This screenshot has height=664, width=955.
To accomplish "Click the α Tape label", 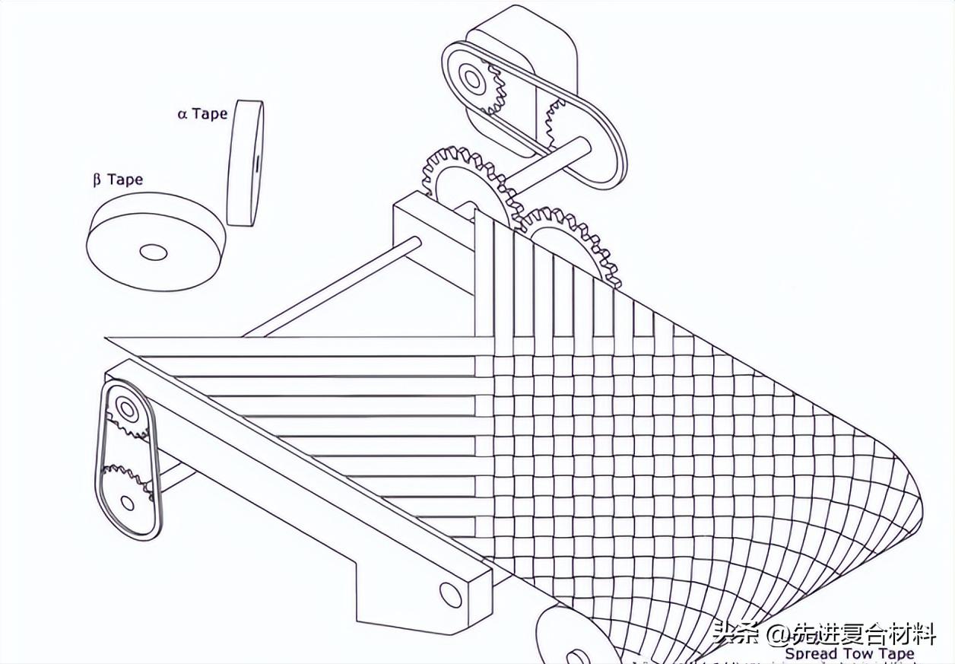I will click(202, 114).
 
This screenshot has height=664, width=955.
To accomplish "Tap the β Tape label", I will click(118, 180).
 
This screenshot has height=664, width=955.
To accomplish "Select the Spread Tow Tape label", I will click(849, 653).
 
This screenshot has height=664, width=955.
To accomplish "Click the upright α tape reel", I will click(245, 162).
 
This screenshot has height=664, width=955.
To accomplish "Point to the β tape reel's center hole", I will click(154, 252).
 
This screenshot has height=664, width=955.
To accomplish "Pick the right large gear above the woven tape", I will click(574, 243).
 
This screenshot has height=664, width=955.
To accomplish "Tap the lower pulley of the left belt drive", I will click(127, 501).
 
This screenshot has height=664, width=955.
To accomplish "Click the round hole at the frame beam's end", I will click(451, 594).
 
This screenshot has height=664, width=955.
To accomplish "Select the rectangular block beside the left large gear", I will click(426, 236).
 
